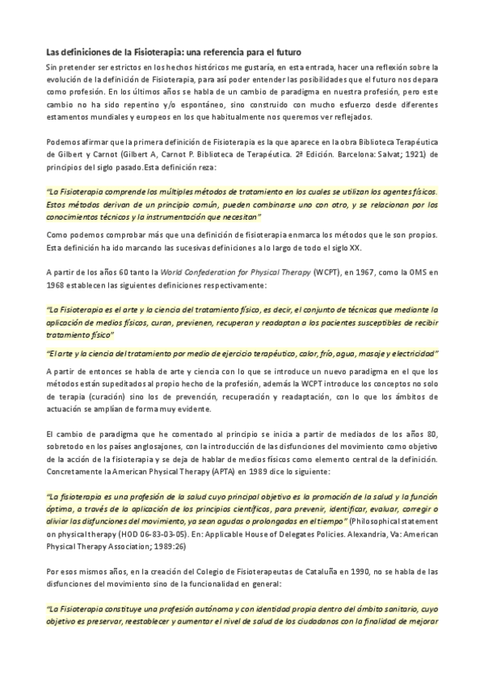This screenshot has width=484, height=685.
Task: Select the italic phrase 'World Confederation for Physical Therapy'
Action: click(x=242, y=272)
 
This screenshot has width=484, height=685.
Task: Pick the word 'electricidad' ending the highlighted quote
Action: click(x=412, y=353)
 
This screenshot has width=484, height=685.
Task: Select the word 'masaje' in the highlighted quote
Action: click(x=360, y=353)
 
